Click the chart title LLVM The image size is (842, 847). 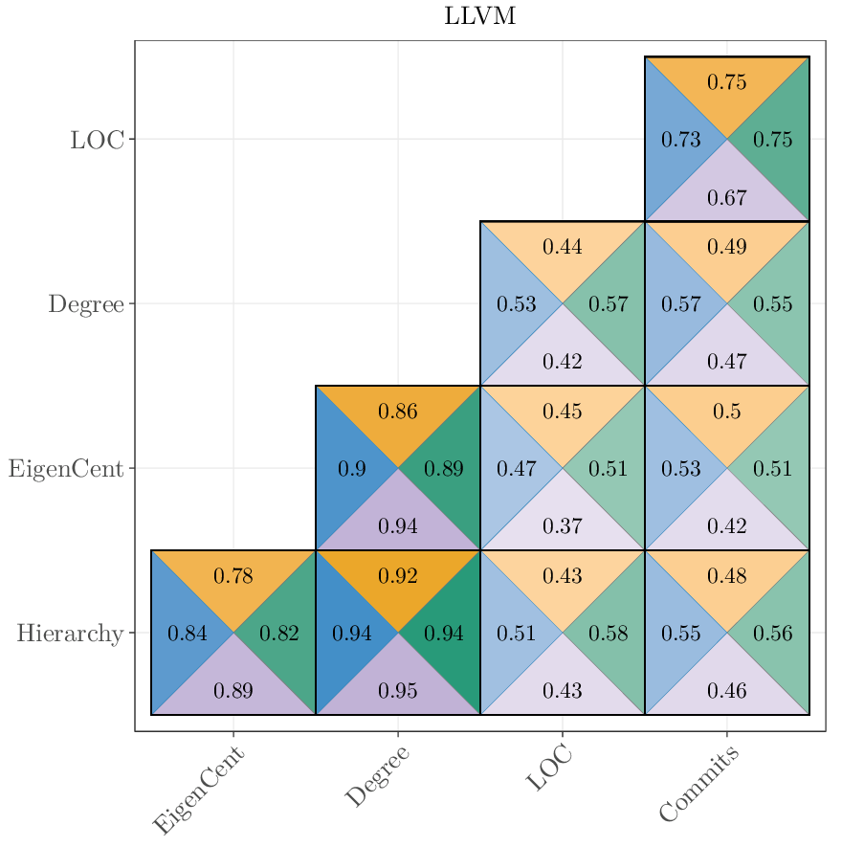point(480,17)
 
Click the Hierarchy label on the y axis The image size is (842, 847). point(70,634)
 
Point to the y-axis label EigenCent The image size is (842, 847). point(66,469)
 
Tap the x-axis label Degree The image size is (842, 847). point(377,776)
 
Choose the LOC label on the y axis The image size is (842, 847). point(97,140)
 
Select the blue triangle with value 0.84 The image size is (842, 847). point(187,634)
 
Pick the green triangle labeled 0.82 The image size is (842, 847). point(280,634)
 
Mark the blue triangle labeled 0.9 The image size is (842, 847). point(351,469)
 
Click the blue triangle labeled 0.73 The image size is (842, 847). point(680,140)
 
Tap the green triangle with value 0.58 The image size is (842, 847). point(609,634)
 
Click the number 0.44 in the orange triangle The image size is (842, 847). point(563,247)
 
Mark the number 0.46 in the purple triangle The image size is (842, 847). point(727,691)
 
